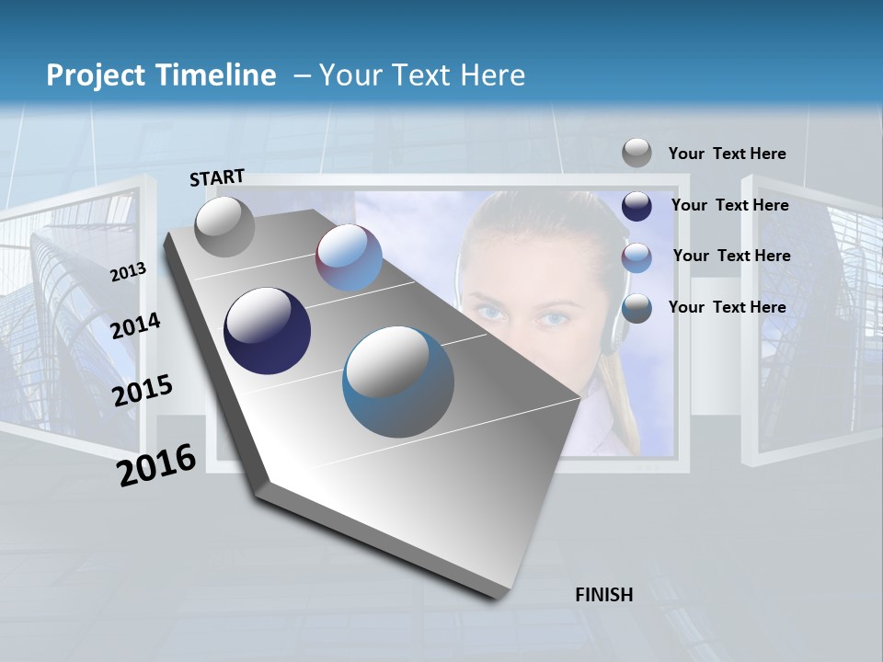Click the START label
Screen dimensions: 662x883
click(217, 177)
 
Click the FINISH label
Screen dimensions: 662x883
click(603, 595)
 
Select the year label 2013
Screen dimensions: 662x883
click(129, 272)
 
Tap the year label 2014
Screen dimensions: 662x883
click(136, 325)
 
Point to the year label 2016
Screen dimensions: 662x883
click(157, 464)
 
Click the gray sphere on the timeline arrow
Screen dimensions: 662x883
click(224, 226)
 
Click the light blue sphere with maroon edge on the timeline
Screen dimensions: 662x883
click(350, 257)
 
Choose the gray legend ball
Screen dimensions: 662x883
click(636, 153)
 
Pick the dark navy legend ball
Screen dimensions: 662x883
click(636, 206)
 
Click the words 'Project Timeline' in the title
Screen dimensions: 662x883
click(161, 75)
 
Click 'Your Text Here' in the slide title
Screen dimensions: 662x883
click(421, 75)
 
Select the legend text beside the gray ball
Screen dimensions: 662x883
click(727, 154)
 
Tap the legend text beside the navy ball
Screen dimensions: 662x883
click(729, 205)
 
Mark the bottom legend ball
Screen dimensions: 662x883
click(636, 308)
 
